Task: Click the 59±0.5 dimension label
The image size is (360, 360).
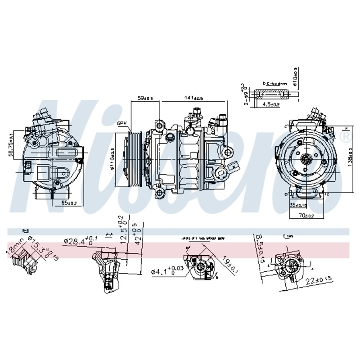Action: [x=145, y=98]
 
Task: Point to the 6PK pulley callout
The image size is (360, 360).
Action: [x=122, y=123]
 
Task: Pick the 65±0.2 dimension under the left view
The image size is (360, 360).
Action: [x=69, y=202]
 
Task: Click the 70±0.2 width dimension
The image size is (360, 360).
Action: [x=306, y=216]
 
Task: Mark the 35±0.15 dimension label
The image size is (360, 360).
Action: [x=299, y=205]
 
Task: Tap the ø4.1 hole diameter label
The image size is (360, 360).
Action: [x=168, y=271]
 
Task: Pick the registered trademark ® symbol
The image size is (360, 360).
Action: [x=346, y=136]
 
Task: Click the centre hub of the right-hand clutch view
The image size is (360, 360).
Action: [x=306, y=158]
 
